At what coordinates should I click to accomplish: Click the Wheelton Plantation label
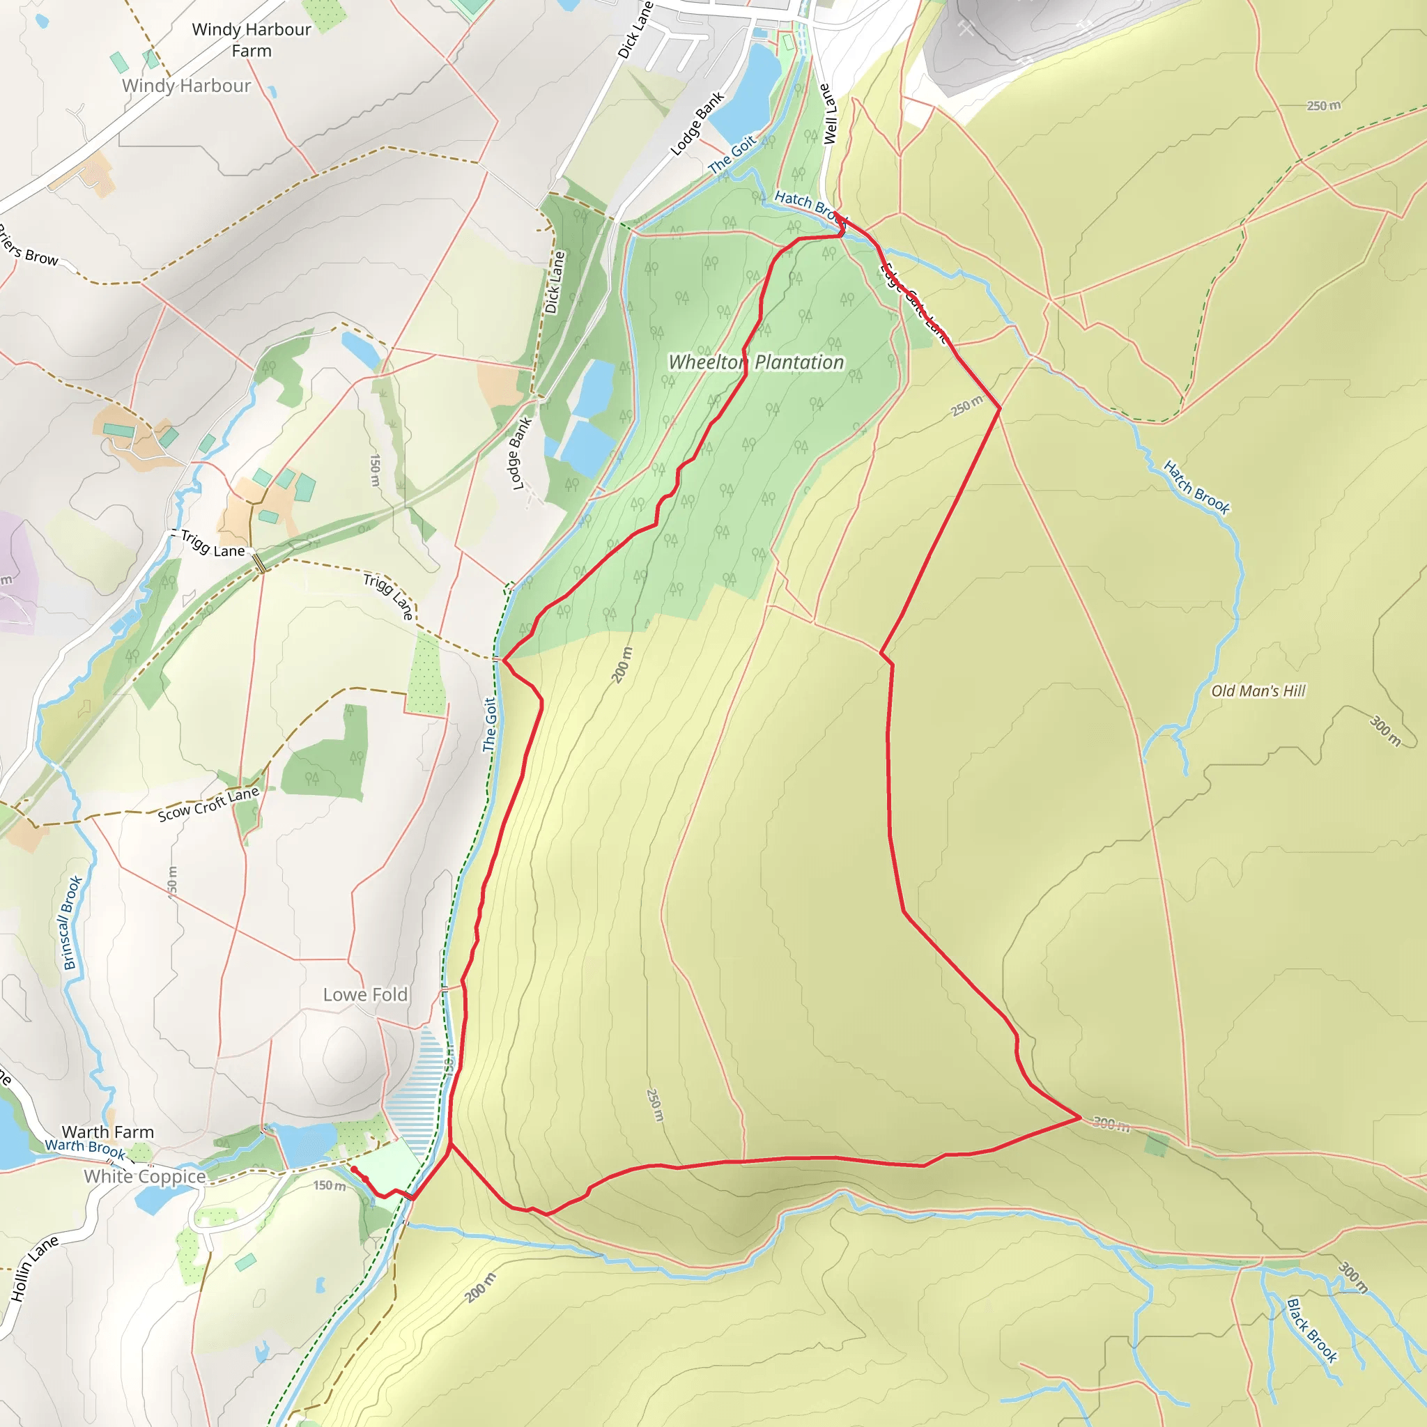(x=755, y=362)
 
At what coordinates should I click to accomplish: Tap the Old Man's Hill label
(x=1258, y=691)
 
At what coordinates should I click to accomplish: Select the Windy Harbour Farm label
(x=251, y=40)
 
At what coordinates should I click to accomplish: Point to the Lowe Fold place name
(x=365, y=994)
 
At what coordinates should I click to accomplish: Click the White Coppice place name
(x=145, y=1177)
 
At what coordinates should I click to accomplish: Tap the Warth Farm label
(x=108, y=1132)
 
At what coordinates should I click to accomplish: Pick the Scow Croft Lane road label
(x=208, y=804)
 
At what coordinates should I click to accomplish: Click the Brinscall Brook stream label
(x=72, y=923)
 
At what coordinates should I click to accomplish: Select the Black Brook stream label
(x=1312, y=1330)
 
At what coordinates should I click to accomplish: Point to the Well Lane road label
(x=828, y=114)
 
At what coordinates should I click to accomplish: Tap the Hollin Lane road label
(x=34, y=1268)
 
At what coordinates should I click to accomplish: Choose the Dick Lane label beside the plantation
(x=554, y=282)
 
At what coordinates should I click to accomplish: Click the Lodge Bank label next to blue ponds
(x=520, y=454)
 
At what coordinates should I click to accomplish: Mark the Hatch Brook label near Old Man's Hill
(x=1196, y=488)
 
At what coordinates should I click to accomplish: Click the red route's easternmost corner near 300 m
(x=1080, y=1118)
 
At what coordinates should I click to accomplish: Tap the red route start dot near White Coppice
(x=354, y=1168)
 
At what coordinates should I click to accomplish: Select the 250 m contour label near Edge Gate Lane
(x=966, y=406)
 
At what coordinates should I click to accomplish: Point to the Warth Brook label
(x=84, y=1148)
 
